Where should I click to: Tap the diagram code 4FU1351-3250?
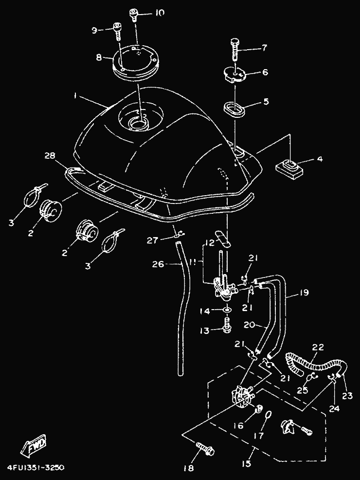[36, 467]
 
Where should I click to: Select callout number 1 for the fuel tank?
[75, 96]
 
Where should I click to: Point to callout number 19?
[304, 293]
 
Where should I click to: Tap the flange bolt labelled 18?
[206, 450]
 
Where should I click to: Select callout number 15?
[247, 464]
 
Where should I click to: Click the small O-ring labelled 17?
[268, 415]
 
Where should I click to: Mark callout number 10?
[159, 13]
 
